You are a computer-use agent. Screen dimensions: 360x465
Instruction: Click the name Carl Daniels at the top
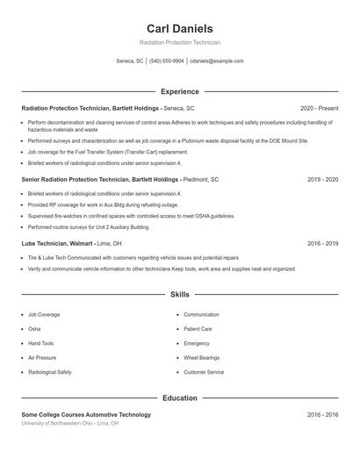coord(179,29)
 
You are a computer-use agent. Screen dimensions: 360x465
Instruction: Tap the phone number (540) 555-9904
coord(166,61)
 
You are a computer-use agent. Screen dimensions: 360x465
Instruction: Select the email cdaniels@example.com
coord(217,61)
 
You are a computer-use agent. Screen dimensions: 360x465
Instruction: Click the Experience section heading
coord(179,91)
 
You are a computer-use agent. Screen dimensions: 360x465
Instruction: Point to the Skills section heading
coord(179,295)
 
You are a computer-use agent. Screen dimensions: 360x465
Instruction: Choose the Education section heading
coord(179,398)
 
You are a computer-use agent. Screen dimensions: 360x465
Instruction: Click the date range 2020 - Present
coord(319,107)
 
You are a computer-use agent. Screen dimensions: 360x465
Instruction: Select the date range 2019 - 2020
coord(322,179)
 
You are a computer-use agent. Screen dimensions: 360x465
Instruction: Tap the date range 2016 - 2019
coord(322,243)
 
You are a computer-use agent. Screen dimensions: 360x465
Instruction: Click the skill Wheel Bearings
coord(201,358)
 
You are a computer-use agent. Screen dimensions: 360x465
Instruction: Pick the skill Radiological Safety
coord(50,373)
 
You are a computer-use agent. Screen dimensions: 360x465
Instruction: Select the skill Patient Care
coord(198,329)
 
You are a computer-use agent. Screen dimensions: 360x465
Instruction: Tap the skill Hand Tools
coord(41,344)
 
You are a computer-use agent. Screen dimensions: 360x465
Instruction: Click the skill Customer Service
coord(203,373)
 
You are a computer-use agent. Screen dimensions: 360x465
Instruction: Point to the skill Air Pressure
coord(42,358)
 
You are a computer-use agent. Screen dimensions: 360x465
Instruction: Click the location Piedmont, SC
coord(203,179)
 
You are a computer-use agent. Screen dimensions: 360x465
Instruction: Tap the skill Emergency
coord(197,344)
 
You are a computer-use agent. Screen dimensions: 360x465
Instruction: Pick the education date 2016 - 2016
coord(322,414)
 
